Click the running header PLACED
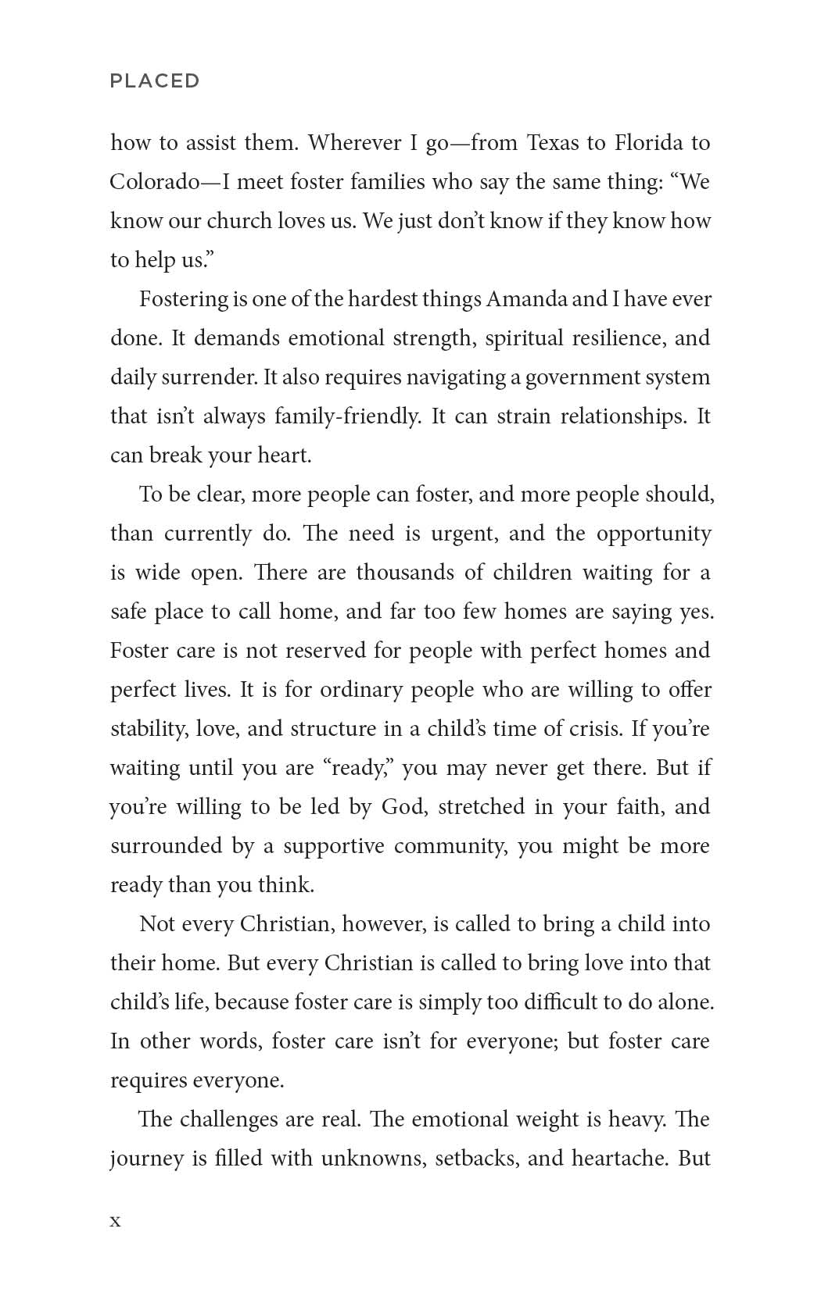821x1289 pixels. point(155,81)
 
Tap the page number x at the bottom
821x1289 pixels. point(116,1221)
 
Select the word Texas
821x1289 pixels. point(553,143)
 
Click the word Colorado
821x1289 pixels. point(154,182)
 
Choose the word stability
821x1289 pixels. point(148,729)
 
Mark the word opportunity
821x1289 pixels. point(654,534)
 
